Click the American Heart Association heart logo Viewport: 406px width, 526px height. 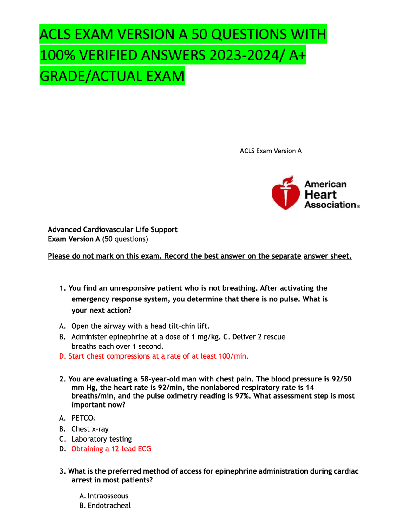point(285,193)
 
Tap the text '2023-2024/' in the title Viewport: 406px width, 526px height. point(247,56)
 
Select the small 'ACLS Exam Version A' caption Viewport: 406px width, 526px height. point(271,151)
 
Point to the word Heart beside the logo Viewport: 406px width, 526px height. point(320,194)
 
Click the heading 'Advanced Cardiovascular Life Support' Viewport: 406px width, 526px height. point(113,230)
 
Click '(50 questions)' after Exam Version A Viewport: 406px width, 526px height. point(125,239)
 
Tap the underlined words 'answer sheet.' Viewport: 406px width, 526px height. point(328,256)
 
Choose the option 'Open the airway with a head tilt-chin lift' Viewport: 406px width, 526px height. point(140,326)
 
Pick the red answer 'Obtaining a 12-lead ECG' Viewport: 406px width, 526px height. point(111,449)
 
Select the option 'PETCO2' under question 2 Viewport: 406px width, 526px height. point(83,418)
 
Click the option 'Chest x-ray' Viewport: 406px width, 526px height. point(90,429)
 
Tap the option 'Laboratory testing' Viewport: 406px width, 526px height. point(101,439)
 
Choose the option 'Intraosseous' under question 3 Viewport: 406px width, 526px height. point(108,496)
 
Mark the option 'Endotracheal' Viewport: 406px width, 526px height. point(109,506)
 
